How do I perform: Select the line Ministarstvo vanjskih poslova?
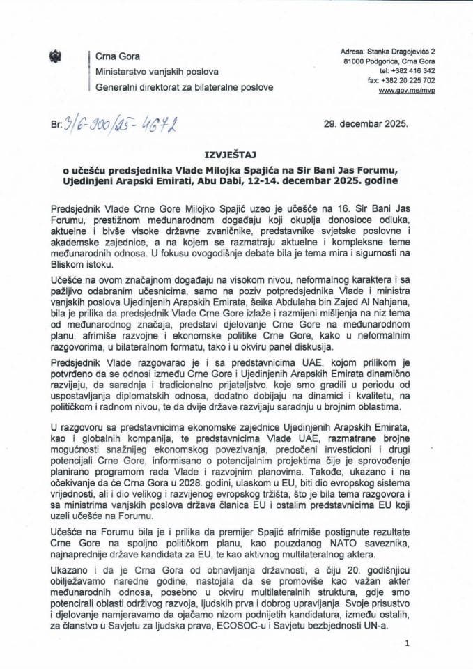point(157,72)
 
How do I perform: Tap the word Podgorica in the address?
point(386,61)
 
